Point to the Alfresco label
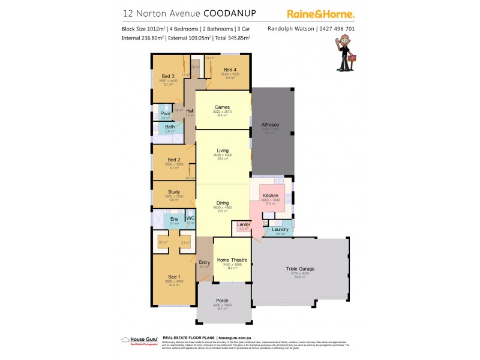coord(270,125)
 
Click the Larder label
coord(243,224)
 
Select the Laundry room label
coord(280,229)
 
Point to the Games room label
coord(223,107)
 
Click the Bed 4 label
coord(230,70)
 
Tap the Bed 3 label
coord(167,76)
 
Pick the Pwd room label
coord(165,113)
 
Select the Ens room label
coord(174,218)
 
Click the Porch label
coord(222,301)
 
